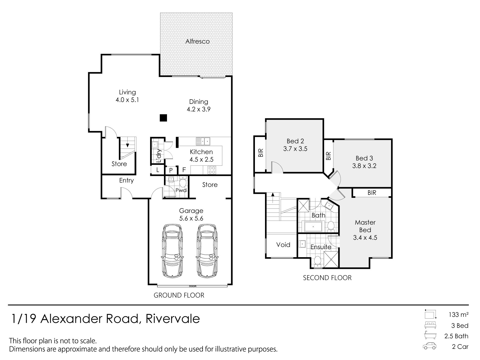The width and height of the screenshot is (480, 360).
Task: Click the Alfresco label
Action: click(197, 41)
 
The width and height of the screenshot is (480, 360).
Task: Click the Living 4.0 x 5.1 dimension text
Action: click(127, 100)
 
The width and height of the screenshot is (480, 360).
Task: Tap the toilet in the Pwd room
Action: click(183, 182)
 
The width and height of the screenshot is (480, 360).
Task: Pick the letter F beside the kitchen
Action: click(184, 170)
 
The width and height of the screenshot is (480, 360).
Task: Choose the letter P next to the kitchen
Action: click(171, 170)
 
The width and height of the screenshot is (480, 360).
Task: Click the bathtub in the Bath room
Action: click(313, 227)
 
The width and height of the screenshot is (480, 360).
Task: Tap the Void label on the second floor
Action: click(283, 245)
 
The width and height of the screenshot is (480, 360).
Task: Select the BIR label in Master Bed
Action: click(372, 193)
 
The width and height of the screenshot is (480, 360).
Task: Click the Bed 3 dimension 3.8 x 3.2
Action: click(364, 166)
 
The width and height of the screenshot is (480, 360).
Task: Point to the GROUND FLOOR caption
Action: click(179, 295)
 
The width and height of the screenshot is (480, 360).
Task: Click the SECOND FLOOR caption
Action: click(327, 278)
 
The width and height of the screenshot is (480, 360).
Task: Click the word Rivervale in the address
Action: click(173, 319)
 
